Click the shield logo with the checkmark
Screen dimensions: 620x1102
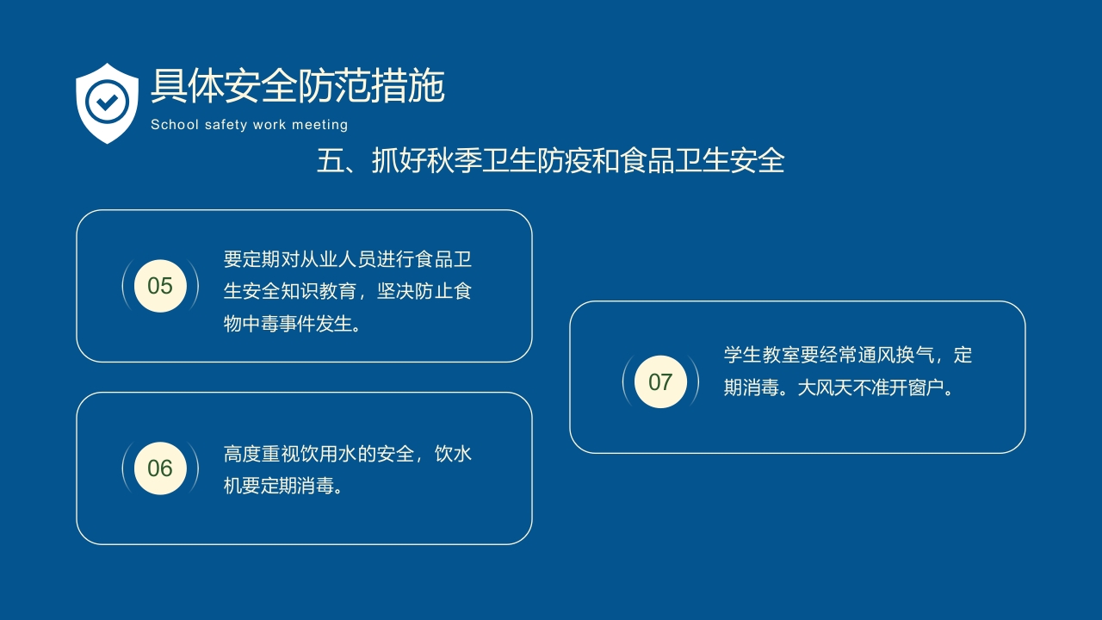pos(107,102)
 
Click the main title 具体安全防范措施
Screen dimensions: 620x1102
pos(297,86)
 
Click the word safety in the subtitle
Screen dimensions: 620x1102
pos(226,125)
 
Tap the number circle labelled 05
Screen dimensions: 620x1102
pos(160,286)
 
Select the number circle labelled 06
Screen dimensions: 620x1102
pos(160,468)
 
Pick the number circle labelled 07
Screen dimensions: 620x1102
pos(660,381)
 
